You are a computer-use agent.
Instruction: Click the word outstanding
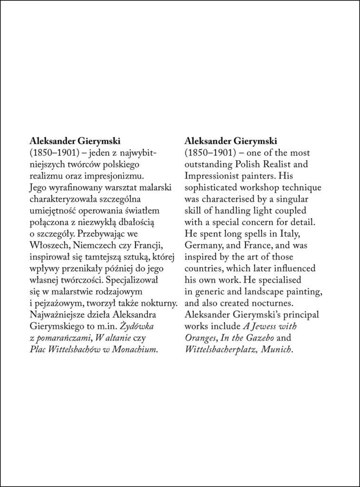[x=204, y=164]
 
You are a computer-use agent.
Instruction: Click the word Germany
[x=201, y=245]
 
